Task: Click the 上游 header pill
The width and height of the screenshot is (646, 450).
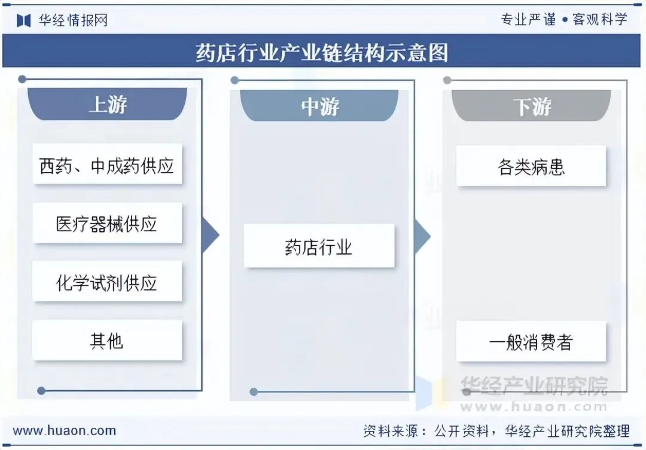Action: pyautogui.click(x=108, y=105)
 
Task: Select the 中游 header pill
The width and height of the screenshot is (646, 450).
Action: pyautogui.click(x=319, y=106)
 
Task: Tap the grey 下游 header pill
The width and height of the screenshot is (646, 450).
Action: pyautogui.click(x=532, y=106)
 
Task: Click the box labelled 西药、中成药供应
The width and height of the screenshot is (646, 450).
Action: pyautogui.click(x=107, y=165)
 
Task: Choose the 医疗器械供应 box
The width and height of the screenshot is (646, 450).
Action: pyautogui.click(x=107, y=224)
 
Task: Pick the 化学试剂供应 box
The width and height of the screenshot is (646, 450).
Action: pyautogui.click(x=107, y=282)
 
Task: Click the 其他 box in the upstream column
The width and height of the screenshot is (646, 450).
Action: pyautogui.click(x=107, y=341)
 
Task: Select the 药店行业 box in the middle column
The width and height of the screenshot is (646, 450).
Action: pyautogui.click(x=319, y=246)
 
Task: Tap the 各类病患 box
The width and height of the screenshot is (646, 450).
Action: pyautogui.click(x=531, y=166)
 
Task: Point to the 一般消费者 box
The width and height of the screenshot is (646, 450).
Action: pyautogui.click(x=531, y=342)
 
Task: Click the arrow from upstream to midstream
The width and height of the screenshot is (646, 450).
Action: pyautogui.click(x=211, y=234)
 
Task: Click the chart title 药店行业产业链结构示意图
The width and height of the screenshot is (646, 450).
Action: pyautogui.click(x=322, y=53)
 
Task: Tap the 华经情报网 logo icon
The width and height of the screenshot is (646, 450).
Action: pyautogui.click(x=23, y=20)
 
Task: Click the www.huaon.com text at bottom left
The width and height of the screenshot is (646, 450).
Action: pyautogui.click(x=65, y=430)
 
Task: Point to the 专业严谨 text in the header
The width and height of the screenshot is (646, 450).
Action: pyautogui.click(x=528, y=19)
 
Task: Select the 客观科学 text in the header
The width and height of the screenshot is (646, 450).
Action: pyautogui.click(x=600, y=19)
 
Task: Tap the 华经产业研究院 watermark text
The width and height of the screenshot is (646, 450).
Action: pyautogui.click(x=534, y=385)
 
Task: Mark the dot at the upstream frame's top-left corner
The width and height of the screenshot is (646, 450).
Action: pyautogui.click(x=22, y=79)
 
